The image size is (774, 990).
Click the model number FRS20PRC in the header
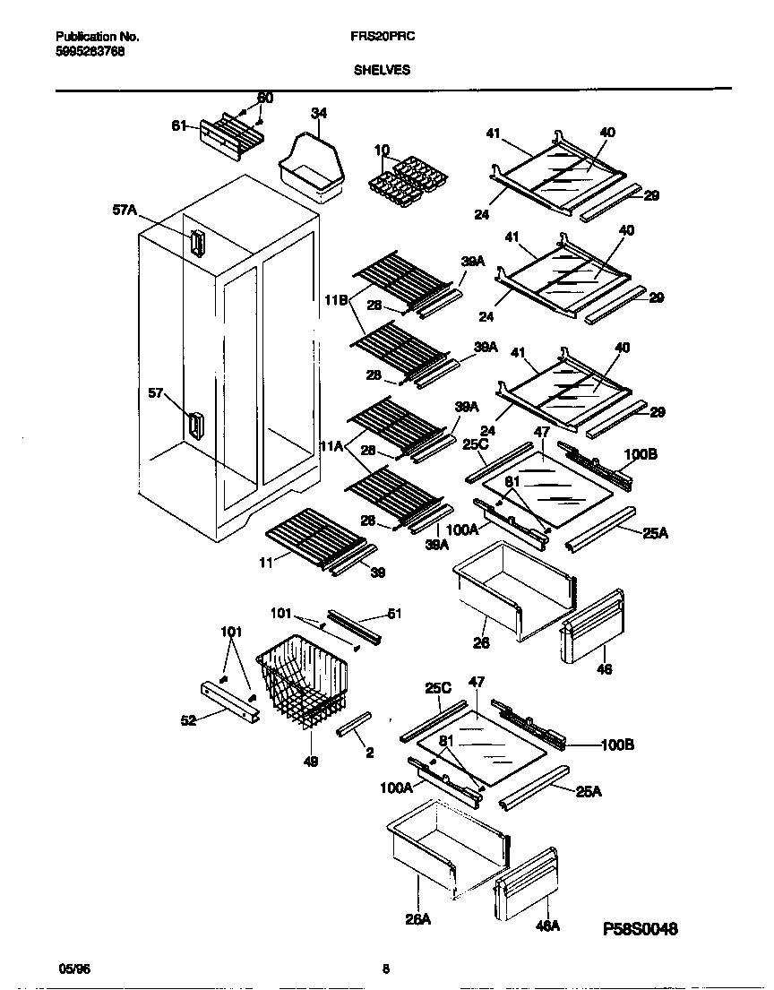coord(375,37)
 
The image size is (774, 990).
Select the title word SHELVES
coord(381,70)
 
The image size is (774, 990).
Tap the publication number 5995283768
coord(90,51)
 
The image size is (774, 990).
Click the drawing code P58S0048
coord(641,928)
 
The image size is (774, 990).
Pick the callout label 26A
coord(420,919)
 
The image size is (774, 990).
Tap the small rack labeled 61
coord(232,136)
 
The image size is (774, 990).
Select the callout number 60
coord(265,98)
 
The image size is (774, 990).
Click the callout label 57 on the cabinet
coord(157,392)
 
